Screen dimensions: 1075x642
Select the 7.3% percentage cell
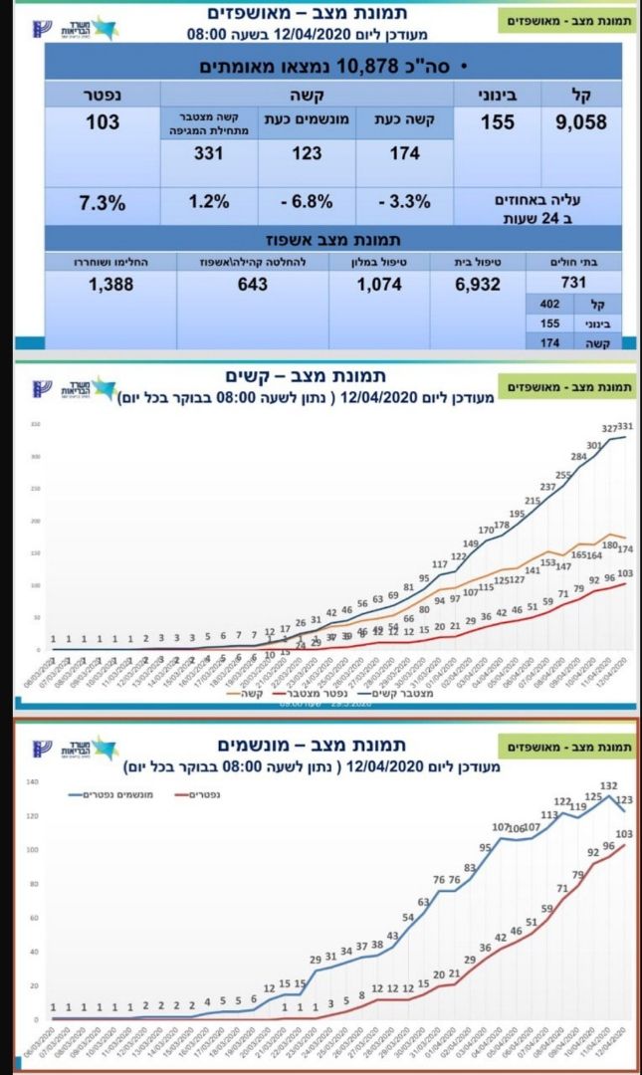click(103, 203)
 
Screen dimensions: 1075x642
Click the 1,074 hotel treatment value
click(378, 284)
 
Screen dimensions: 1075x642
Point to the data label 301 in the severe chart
click(595, 446)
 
